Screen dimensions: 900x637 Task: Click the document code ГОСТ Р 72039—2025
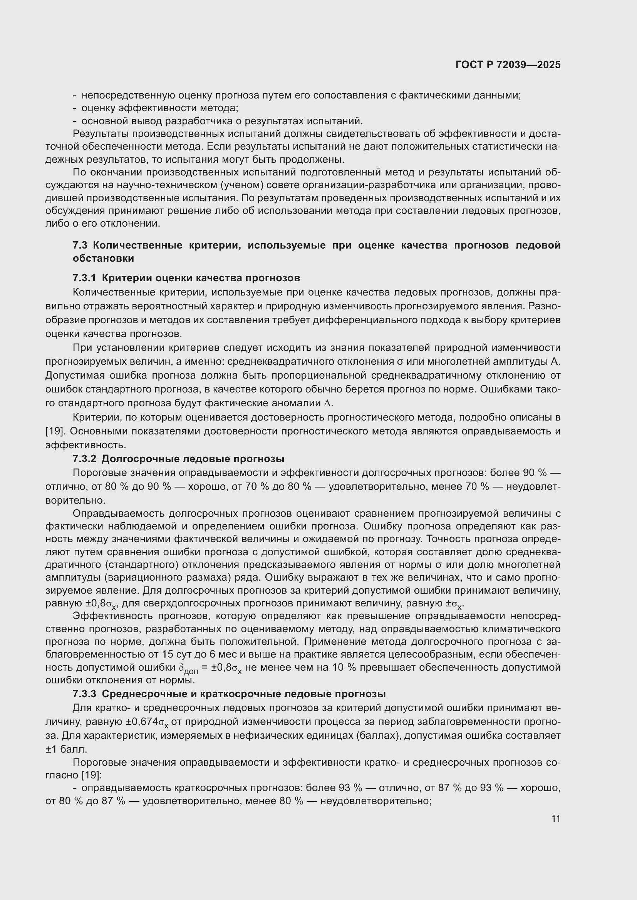click(x=508, y=65)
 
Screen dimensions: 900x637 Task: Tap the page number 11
click(x=555, y=818)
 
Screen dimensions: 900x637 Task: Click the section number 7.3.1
click(x=84, y=278)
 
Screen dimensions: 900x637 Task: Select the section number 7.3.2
click(x=84, y=459)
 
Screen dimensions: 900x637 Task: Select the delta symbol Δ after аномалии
click(x=328, y=403)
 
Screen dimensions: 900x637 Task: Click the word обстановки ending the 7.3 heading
click(x=103, y=258)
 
